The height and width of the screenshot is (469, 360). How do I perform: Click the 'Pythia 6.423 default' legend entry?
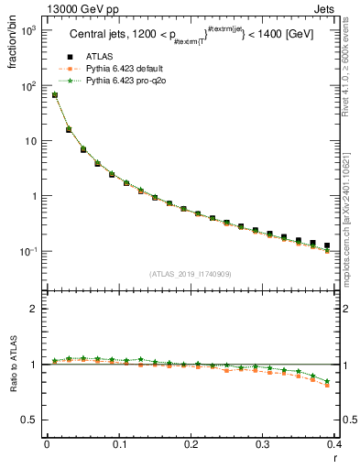coord(124,69)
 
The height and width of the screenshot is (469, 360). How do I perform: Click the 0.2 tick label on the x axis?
coord(191,445)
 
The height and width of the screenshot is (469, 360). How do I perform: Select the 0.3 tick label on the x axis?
coord(263,445)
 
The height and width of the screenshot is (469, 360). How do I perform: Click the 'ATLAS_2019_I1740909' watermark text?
coord(190,274)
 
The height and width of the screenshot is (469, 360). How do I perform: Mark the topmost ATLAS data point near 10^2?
coord(55,94)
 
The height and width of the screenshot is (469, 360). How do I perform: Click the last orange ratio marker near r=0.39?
coord(327,386)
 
